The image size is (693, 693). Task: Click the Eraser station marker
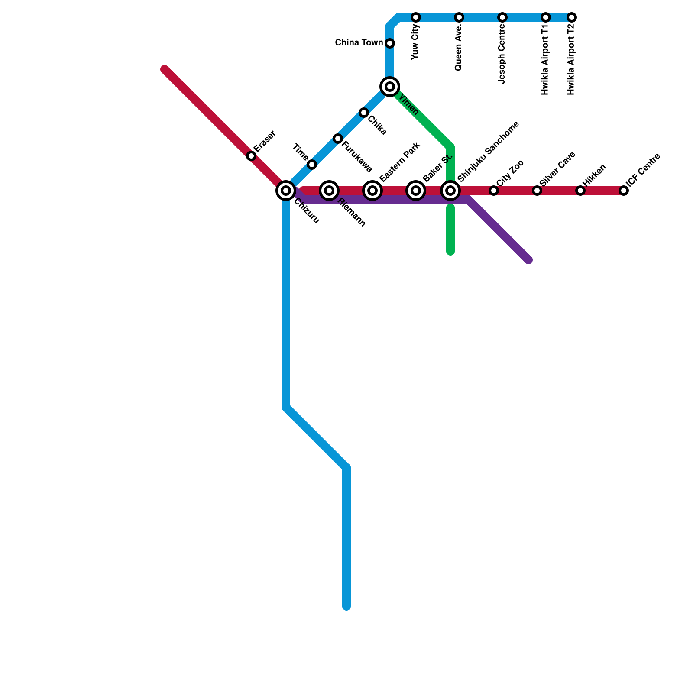(x=251, y=156)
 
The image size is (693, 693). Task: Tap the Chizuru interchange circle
(x=286, y=191)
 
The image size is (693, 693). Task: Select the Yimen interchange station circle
(x=390, y=87)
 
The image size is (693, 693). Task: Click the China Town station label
(x=359, y=43)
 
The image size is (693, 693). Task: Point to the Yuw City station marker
(x=416, y=17)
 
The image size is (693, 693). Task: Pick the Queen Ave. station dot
(x=459, y=17)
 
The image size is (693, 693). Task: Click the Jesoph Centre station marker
(x=502, y=17)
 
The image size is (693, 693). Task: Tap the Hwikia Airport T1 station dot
(x=546, y=17)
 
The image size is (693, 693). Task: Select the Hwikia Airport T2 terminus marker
(x=572, y=17)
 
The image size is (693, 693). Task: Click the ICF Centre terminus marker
(x=624, y=191)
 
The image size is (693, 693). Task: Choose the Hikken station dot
(x=580, y=191)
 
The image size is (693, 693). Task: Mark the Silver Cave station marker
(x=537, y=191)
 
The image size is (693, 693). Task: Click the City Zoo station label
(x=511, y=173)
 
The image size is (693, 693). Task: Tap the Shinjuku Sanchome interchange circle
(x=450, y=191)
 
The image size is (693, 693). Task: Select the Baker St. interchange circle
(x=416, y=191)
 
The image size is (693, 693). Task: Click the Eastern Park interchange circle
(x=372, y=191)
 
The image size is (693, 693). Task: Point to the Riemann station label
(x=352, y=212)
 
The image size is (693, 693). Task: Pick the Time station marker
(x=312, y=165)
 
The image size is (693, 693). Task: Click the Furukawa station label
(x=357, y=157)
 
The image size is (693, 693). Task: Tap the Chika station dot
(x=364, y=113)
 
